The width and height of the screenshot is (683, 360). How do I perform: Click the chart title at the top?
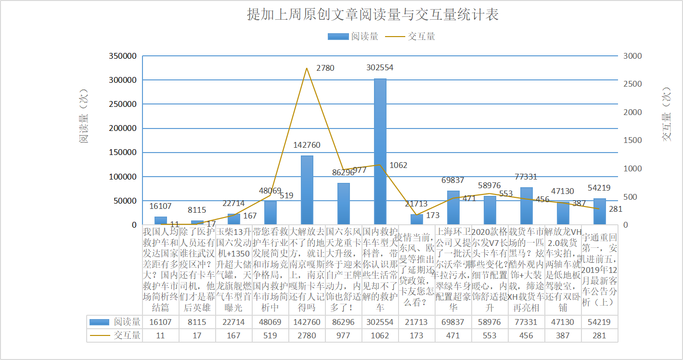(x=373, y=14)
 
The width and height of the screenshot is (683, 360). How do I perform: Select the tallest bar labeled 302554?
(x=380, y=151)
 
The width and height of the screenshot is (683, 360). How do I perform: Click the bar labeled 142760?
(x=307, y=190)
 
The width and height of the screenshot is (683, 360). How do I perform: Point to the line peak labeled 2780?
(x=307, y=68)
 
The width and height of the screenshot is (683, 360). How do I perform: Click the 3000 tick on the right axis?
(x=632, y=56)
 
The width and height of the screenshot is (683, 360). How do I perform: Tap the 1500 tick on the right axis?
(x=632, y=141)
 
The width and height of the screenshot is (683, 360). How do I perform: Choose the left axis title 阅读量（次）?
(x=84, y=116)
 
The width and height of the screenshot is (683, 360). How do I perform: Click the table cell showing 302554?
(x=380, y=322)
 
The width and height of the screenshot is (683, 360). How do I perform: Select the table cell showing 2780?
(x=307, y=335)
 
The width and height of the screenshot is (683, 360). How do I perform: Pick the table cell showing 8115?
(x=197, y=322)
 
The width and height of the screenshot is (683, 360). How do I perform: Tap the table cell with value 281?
(x=599, y=335)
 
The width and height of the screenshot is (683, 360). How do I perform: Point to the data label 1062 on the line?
(x=398, y=165)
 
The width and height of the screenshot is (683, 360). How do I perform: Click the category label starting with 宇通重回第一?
(x=599, y=270)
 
